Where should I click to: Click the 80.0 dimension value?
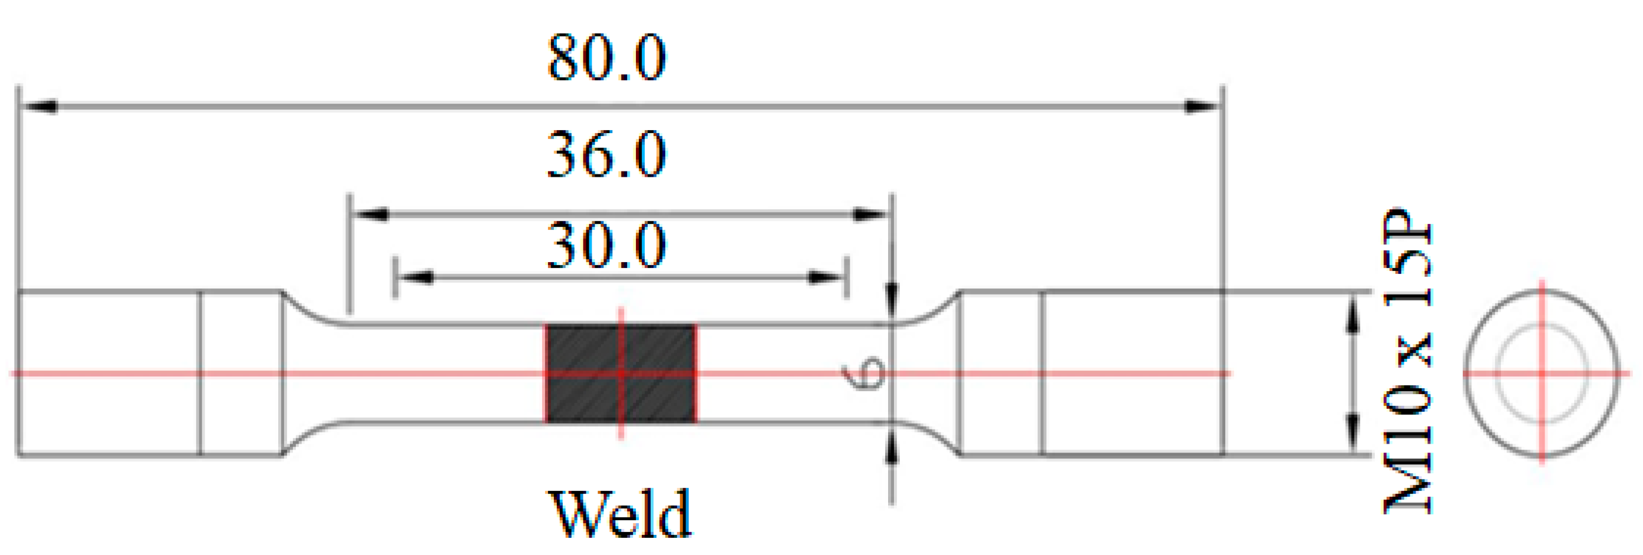[606, 59]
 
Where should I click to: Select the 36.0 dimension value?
[606, 154]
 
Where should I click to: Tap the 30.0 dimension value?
[606, 246]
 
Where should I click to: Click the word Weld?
[620, 514]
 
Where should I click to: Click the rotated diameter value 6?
[862, 372]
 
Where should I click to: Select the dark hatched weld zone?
[620, 373]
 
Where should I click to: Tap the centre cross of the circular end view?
[1542, 373]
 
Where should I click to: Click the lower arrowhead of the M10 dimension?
[1351, 430]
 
